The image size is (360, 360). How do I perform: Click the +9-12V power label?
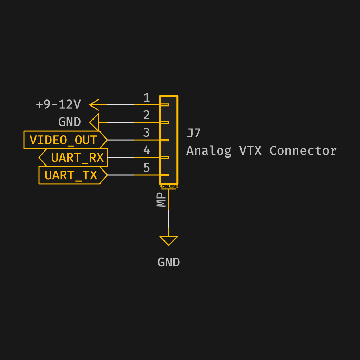pyautogui.click(x=58, y=104)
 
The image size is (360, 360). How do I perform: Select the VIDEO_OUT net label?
pyautogui.click(x=64, y=140)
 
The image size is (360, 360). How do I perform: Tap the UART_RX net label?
pyautogui.click(x=77, y=157)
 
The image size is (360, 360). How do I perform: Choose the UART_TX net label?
pyautogui.click(x=71, y=175)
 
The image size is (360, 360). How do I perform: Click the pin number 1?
pyautogui.click(x=147, y=98)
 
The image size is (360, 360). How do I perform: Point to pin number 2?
pyautogui.click(x=147, y=115)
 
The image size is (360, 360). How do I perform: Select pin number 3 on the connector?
pyautogui.click(x=147, y=133)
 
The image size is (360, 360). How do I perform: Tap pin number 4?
pyautogui.click(x=147, y=150)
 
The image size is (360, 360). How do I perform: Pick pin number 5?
pyautogui.click(x=147, y=168)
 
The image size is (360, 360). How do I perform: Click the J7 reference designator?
pyautogui.click(x=194, y=133)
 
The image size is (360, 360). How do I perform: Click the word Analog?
pyautogui.click(x=209, y=151)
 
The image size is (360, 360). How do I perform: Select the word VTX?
pyautogui.click(x=250, y=150)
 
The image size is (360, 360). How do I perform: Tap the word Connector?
pyautogui.click(x=303, y=150)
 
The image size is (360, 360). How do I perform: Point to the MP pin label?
pyautogui.click(x=161, y=200)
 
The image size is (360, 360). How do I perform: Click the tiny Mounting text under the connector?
pyautogui.click(x=168, y=187)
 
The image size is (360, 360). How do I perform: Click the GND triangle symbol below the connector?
pyautogui.click(x=168, y=240)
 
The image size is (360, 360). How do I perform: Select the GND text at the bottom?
pyautogui.click(x=168, y=262)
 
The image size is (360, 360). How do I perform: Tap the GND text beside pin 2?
pyautogui.click(x=70, y=122)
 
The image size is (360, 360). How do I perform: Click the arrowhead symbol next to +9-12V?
pyautogui.click(x=94, y=105)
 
